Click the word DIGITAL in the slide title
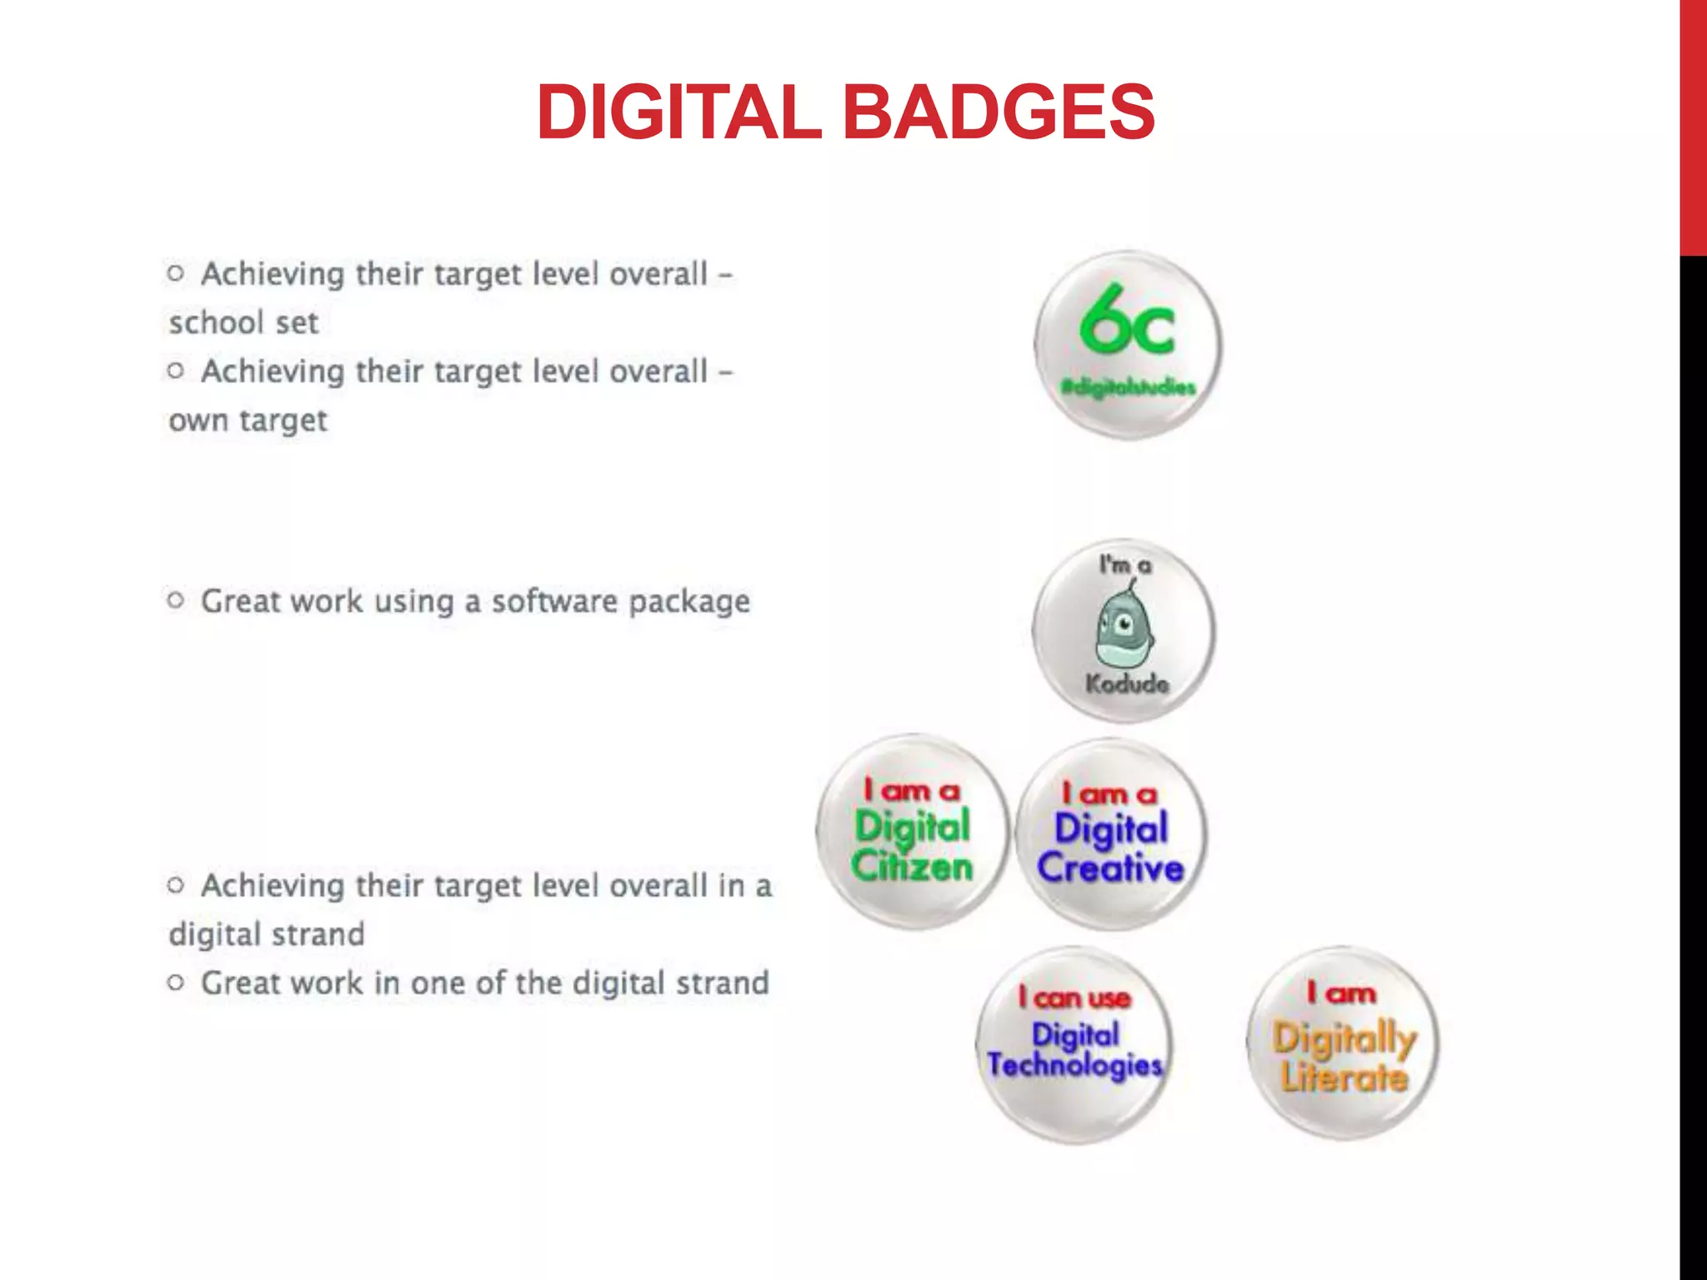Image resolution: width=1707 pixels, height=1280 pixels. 679,112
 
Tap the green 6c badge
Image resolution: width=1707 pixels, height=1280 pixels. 1129,344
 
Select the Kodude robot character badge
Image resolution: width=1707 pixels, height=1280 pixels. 1124,631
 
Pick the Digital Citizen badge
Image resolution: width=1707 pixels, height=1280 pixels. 913,831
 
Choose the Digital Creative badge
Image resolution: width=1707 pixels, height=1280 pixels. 1111,833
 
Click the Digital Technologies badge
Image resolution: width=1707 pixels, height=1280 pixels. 1074,1043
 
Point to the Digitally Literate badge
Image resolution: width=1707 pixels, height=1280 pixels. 1344,1043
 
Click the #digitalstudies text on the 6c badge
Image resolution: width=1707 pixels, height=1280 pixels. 1128,387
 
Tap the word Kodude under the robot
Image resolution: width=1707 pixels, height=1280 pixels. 1127,684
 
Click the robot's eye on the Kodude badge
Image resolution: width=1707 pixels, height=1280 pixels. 1124,622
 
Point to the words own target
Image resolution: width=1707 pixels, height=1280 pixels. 248,420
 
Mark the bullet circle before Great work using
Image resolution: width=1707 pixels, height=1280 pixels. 175,599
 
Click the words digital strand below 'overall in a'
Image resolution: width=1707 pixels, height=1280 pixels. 267,934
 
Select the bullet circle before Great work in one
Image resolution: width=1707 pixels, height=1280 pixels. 175,982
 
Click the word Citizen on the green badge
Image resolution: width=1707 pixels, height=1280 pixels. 912,867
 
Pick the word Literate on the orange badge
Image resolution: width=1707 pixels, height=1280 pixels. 1344,1077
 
